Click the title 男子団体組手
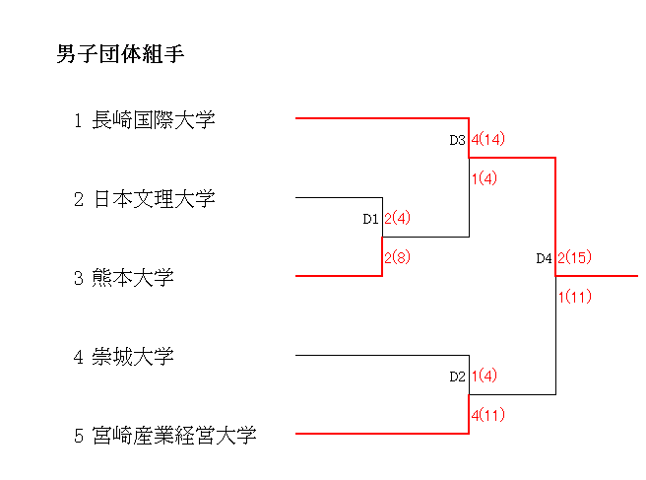(121, 54)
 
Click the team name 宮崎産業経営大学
(173, 436)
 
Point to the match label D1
(370, 219)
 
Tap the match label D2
(457, 377)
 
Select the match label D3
(457, 140)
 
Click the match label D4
(544, 258)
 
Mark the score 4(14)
(487, 139)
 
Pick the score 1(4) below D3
(484, 178)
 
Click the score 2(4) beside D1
(397, 218)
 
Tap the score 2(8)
(397, 257)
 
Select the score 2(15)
(574, 257)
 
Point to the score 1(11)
(574, 297)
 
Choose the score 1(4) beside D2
(484, 376)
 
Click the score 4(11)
(487, 415)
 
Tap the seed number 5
(78, 436)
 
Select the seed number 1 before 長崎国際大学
(78, 120)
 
